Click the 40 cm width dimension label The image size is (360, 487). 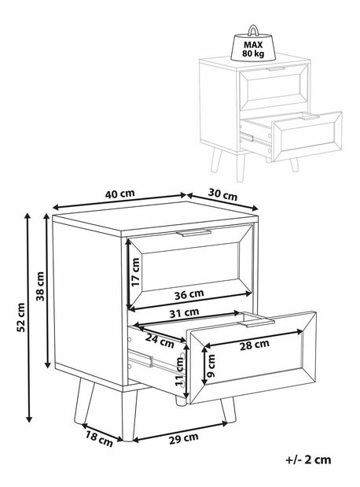point(120,194)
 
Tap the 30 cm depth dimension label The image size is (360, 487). point(222,195)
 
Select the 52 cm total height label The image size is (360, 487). point(20,317)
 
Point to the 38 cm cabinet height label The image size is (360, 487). point(40,286)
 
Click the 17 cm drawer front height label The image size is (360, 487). point(136,272)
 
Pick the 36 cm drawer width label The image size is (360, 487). point(189,294)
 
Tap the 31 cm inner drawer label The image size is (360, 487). point(185,312)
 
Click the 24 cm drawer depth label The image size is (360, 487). point(160,341)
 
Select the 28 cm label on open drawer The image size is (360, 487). point(254,345)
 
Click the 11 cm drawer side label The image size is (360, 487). point(180,371)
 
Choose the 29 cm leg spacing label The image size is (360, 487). point(184,438)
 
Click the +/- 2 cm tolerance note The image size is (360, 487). point(308,459)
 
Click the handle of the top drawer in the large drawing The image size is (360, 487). point(193,233)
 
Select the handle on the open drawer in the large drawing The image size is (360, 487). point(257,323)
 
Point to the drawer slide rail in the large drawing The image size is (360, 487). point(141,358)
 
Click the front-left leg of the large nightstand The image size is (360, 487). point(128,415)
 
